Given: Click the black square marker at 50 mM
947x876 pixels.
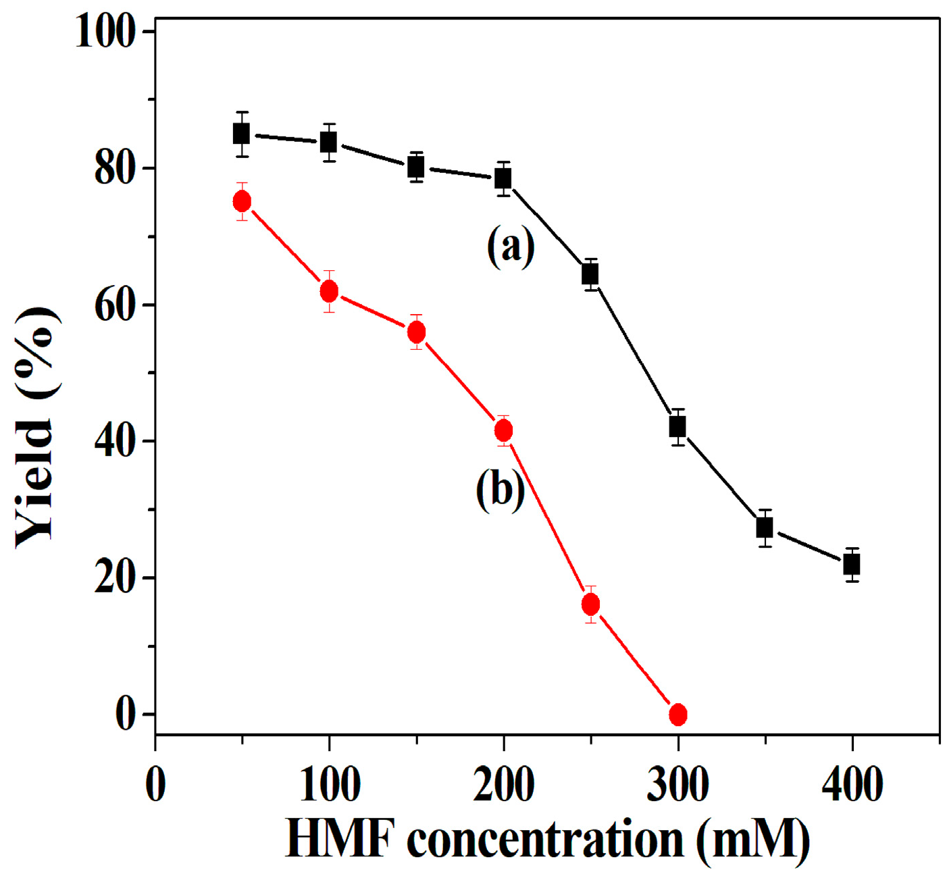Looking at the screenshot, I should coord(241,134).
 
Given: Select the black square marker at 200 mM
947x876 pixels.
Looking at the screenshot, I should coord(503,179).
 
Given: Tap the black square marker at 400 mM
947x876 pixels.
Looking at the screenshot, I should coord(852,564).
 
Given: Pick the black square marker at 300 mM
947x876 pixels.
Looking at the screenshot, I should coord(677,427).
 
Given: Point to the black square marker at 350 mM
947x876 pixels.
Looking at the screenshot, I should coord(765,527).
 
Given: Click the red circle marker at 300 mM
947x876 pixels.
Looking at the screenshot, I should coord(678,714).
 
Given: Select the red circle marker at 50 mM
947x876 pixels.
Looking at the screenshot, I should coord(242,201).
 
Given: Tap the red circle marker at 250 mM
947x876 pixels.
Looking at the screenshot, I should coord(591,604).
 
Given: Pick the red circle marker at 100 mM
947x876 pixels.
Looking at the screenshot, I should coord(329,292).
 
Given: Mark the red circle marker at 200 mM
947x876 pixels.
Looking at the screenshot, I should coord(503,430).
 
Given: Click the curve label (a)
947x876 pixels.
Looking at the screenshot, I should coord(511,247).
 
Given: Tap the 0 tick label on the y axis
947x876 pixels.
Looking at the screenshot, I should coord(126,714).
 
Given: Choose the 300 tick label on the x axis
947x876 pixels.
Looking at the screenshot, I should coord(677,785).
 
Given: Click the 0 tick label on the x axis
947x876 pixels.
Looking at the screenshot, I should coord(156,785).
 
